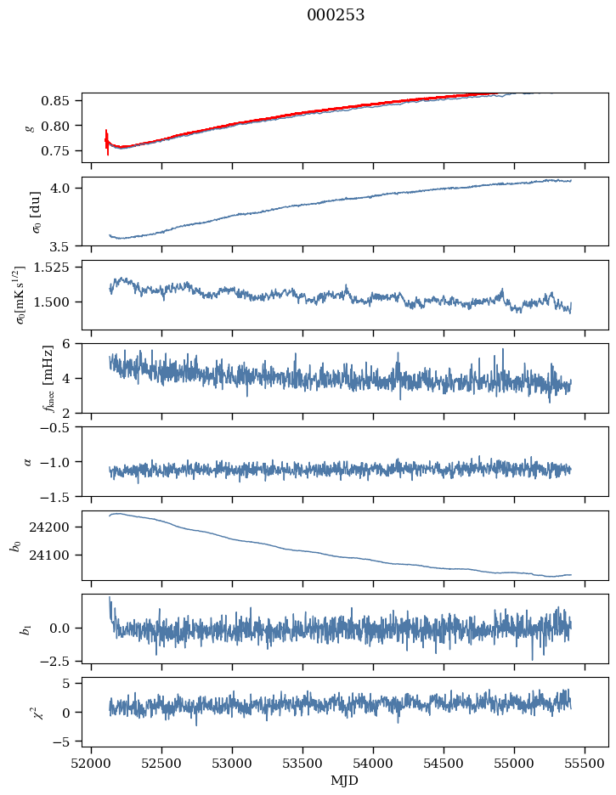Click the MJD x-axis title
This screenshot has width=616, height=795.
(345, 781)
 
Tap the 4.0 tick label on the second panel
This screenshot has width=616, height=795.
(66, 188)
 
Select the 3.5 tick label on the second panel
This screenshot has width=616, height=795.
(66, 247)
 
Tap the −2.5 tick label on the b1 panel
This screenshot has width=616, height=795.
(59, 660)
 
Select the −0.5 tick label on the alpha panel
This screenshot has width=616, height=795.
(59, 427)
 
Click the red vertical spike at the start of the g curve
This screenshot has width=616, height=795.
(107, 142)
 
